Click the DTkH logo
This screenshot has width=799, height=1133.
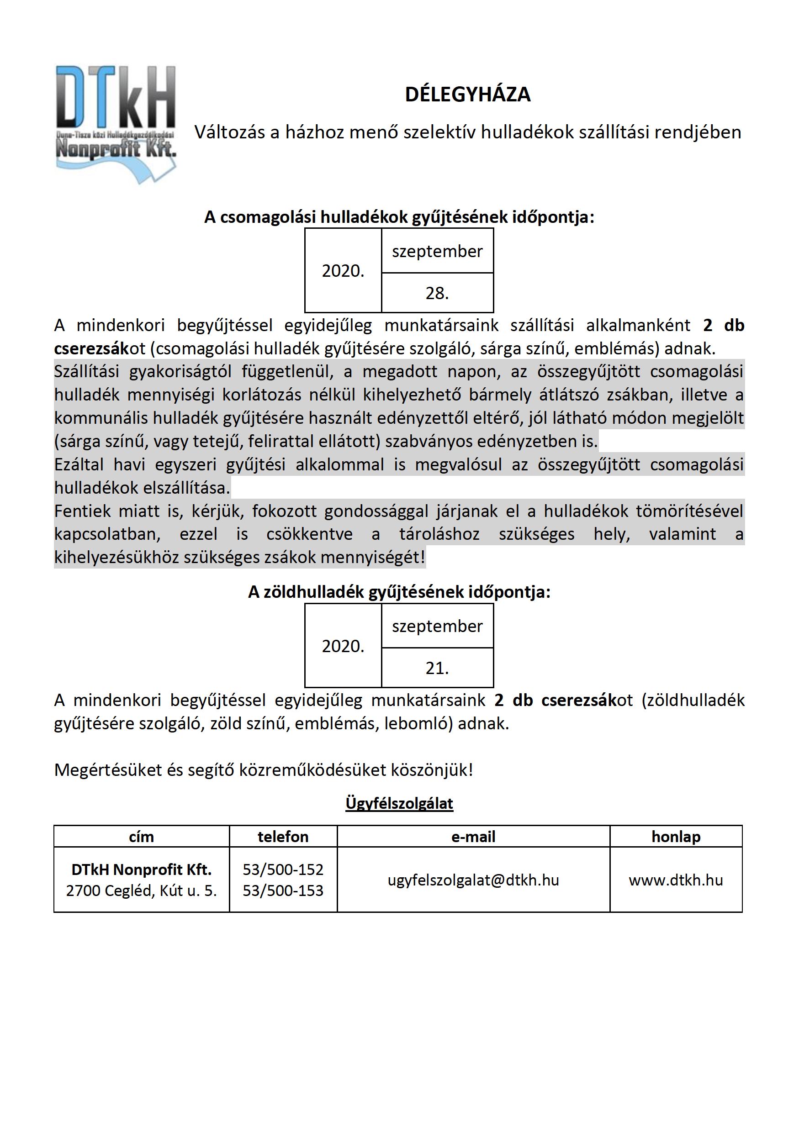pos(116,123)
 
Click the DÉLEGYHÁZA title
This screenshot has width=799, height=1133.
pos(467,94)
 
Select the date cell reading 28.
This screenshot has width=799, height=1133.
pos(437,293)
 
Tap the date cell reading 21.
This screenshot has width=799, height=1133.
pos(437,668)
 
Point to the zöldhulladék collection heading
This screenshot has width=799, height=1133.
pos(399,592)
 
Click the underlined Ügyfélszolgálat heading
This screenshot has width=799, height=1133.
pos(399,803)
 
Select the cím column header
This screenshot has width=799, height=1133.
pos(141,837)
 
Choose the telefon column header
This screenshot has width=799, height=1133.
pos(283,837)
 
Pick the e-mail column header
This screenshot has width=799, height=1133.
pos(473,837)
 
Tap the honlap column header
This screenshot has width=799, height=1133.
pos(676,837)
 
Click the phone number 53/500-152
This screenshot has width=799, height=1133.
pos(283,870)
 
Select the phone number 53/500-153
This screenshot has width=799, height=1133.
pos(283,891)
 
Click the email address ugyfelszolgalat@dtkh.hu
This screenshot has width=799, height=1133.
pos(473,880)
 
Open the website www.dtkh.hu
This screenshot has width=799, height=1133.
pos(676,880)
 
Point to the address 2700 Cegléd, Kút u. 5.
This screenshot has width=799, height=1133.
pos(141,891)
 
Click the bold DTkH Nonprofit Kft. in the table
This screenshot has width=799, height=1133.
pos(141,870)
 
